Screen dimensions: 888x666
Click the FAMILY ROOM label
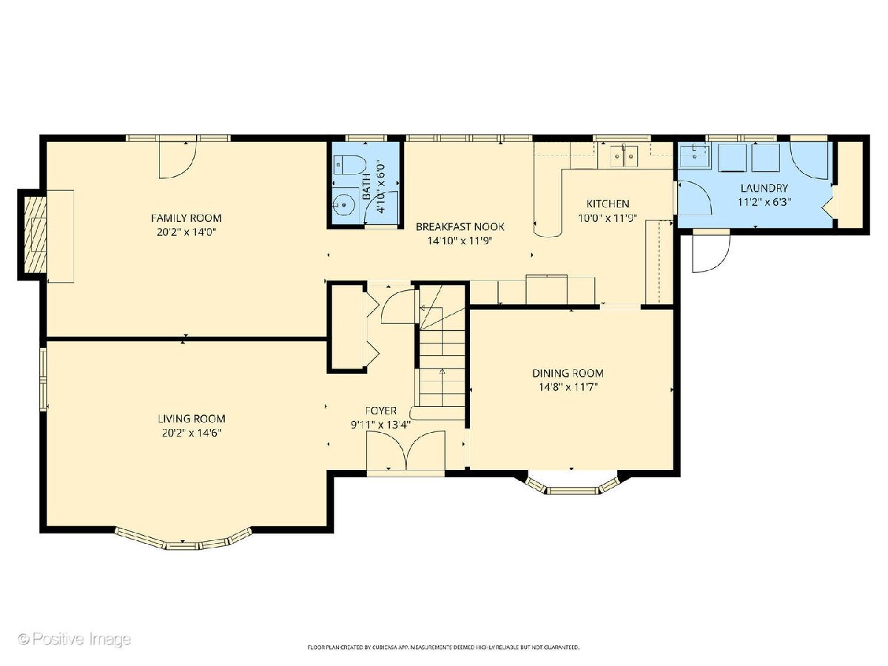[x=186, y=218]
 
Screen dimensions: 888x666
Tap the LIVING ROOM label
[x=192, y=419]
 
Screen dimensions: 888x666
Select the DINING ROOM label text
[x=568, y=373]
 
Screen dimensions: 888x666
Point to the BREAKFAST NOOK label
[x=460, y=226]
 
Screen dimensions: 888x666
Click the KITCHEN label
[x=608, y=203]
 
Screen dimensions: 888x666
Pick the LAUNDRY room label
[x=764, y=188]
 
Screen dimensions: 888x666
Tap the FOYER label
[x=380, y=411]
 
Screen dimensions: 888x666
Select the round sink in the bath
[x=344, y=205]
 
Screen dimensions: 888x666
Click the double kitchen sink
[x=623, y=156]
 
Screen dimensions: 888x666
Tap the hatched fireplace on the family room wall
[x=36, y=235]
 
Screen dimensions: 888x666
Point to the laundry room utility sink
[x=694, y=156]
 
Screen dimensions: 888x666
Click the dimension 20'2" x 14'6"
[x=192, y=433]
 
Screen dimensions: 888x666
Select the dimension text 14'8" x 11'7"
[x=568, y=387]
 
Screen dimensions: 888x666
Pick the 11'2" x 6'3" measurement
[x=764, y=202]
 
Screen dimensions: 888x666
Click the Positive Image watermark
[x=75, y=639]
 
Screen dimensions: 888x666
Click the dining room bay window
[x=572, y=486]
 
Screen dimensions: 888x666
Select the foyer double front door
[x=406, y=451]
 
